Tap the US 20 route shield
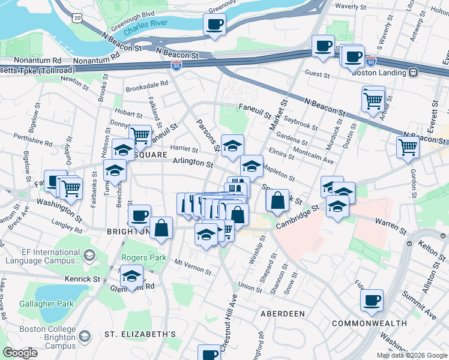pos(77,19)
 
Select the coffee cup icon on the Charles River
pos(214,25)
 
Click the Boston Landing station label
pos(381,72)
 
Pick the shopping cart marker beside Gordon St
pos(408,146)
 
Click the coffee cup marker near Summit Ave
pos(372,299)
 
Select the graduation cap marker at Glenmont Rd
pos(131,277)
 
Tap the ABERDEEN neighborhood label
pos(283,314)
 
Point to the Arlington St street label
pos(193,163)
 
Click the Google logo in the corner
pos(20,353)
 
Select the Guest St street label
pos(318,75)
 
